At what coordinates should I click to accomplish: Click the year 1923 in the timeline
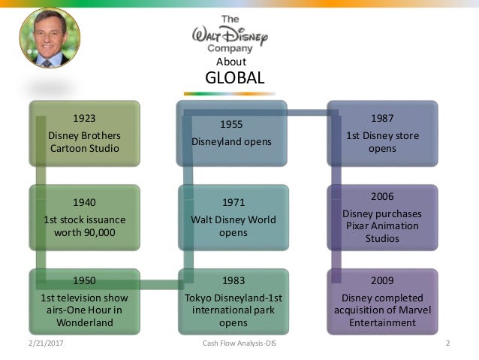pos(84,117)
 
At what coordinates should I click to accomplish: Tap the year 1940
pos(84,201)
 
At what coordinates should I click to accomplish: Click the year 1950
pos(84,280)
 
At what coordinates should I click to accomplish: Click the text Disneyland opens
pos(231,141)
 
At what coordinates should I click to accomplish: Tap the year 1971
pos(233,202)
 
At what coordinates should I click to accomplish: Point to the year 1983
pos(233,280)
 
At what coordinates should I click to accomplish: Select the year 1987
pos(383,118)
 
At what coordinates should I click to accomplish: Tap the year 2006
pos(383,196)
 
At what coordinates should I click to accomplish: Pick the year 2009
pos(383,280)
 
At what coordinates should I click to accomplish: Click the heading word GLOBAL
pos(234,79)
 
